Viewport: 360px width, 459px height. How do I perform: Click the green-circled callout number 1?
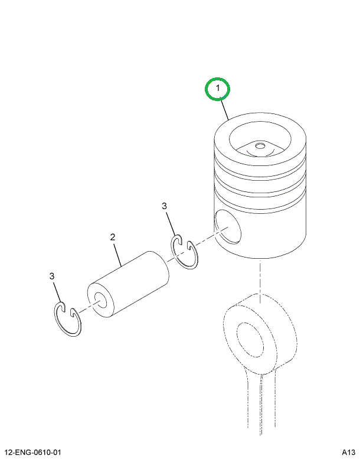click(x=217, y=89)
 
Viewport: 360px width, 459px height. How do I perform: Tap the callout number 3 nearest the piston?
click(x=165, y=206)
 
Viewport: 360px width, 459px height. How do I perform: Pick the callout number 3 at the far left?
click(x=52, y=276)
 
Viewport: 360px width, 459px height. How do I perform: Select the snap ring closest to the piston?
click(x=185, y=253)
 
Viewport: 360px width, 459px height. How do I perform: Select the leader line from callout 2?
click(x=117, y=253)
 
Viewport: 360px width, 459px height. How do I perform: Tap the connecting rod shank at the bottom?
click(x=259, y=408)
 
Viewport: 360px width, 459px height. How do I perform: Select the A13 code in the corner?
click(x=348, y=453)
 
